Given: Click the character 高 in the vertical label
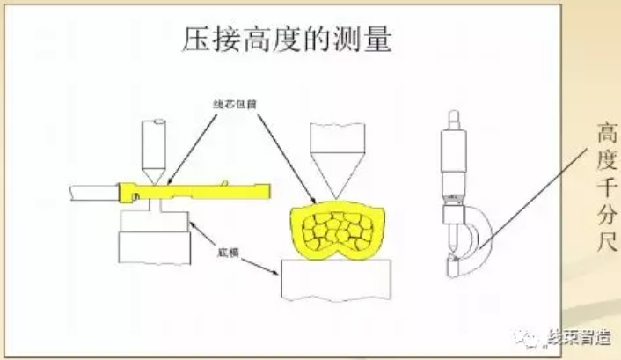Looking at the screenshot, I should click(603, 134).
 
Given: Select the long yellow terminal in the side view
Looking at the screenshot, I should click(202, 190).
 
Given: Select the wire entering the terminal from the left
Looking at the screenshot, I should click(92, 189).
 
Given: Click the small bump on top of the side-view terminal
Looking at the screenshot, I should click(226, 182).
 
